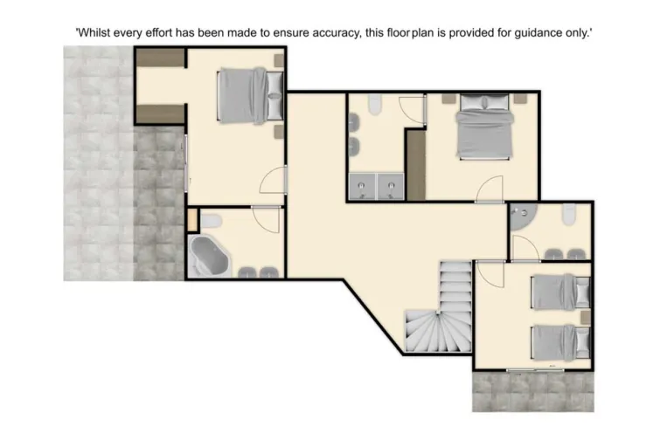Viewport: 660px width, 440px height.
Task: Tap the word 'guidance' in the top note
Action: pyautogui.click(x=527, y=31)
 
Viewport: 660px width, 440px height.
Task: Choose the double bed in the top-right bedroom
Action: pyautogui.click(x=484, y=127)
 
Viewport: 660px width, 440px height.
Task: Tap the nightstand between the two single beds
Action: pyautogui.click(x=584, y=315)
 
